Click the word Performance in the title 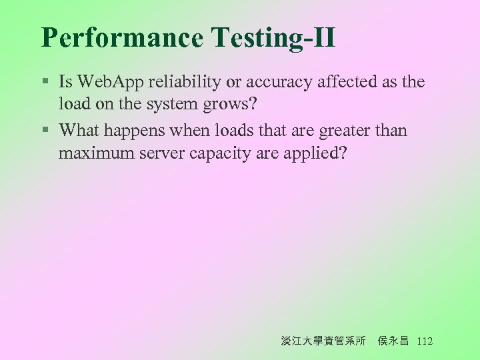pyautogui.click(x=122, y=38)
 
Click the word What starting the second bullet pyautogui.click(x=80, y=130)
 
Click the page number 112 pyautogui.click(x=424, y=341)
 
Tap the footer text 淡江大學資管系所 pyautogui.click(x=323, y=341)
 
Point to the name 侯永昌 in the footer pyautogui.click(x=393, y=341)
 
